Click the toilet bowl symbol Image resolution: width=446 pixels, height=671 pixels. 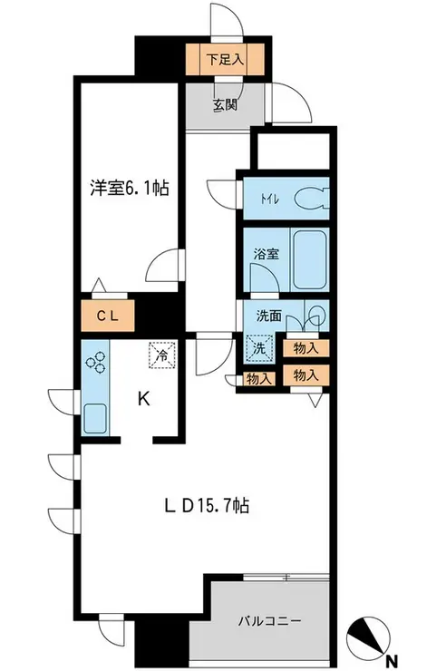(x=311, y=198)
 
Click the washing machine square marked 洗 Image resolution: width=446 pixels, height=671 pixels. (x=257, y=346)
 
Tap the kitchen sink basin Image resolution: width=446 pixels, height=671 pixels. (x=95, y=418)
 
